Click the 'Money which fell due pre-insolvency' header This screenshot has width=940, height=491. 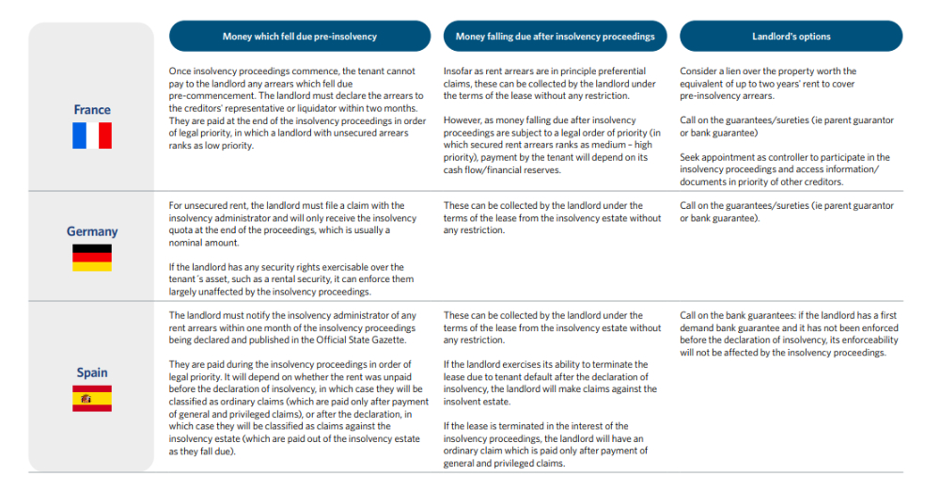[x=299, y=37]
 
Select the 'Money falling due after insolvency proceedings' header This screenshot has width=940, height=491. [x=555, y=37]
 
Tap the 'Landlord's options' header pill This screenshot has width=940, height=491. [x=791, y=37]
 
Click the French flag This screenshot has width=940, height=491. [x=92, y=135]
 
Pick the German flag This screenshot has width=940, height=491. [x=92, y=258]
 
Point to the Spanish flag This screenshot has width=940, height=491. [x=92, y=398]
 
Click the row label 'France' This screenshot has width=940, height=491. [x=92, y=110]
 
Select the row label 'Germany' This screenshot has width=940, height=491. [x=92, y=231]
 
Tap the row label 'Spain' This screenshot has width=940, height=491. [x=92, y=372]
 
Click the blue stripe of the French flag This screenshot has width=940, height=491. [x=79, y=135]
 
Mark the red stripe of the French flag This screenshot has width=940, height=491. [x=105, y=135]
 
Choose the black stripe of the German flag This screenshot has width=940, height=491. [x=92, y=249]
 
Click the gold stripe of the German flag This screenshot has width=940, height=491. [x=92, y=267]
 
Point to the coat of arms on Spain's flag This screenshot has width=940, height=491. [x=86, y=398]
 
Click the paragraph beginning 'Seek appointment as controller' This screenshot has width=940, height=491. [x=785, y=170]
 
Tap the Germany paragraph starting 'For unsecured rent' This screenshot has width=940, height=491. [x=291, y=225]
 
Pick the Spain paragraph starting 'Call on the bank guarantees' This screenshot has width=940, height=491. [x=785, y=334]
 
